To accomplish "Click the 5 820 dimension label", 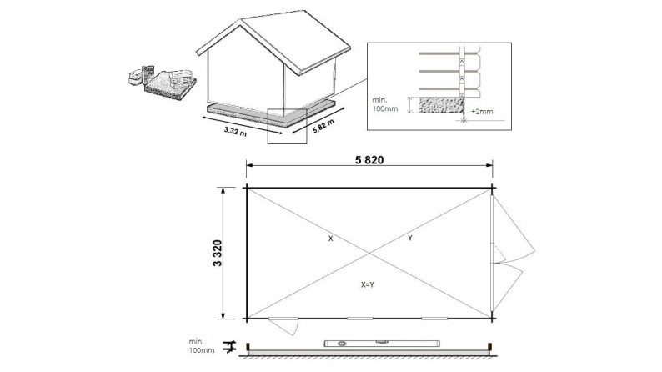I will [369, 160].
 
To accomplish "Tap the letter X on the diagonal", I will [330, 239].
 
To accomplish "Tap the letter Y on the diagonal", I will [409, 239].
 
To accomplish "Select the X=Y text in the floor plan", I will [368, 284].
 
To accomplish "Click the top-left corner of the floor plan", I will [246, 187].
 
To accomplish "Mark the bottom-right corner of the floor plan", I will [493, 319].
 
